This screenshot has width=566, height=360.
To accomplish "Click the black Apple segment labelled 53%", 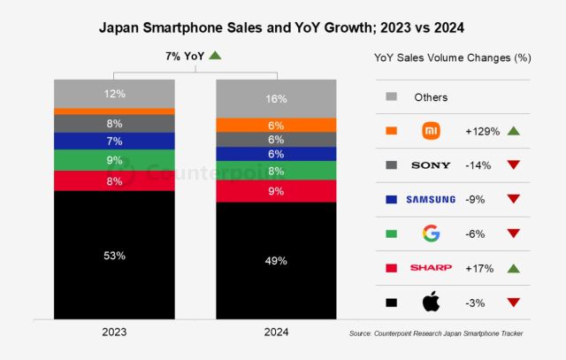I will [x=114, y=255].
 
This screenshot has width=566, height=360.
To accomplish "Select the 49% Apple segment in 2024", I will [x=276, y=260].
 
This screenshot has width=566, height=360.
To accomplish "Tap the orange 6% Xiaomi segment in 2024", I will [x=276, y=125].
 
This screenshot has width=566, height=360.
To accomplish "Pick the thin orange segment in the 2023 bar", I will [x=114, y=111].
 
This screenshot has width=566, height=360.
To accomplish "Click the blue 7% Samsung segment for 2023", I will [x=114, y=141].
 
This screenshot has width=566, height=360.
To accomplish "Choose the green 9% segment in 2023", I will [x=114, y=160].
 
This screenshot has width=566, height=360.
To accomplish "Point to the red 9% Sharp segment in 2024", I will [x=276, y=190].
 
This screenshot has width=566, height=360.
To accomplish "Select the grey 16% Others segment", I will [x=276, y=98].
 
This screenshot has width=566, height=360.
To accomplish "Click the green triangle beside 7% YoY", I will [x=216, y=56].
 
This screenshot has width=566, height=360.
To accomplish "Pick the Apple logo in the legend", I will [x=431, y=303].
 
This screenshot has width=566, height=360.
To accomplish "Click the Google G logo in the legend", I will [x=431, y=234].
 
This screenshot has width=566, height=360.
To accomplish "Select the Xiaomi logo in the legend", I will [x=431, y=131].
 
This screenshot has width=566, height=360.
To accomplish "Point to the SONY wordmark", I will [x=431, y=165].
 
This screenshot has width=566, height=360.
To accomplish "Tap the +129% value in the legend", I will [x=483, y=131].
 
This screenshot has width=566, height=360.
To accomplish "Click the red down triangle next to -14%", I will [x=513, y=165].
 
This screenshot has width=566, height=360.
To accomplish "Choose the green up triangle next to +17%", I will [x=513, y=268].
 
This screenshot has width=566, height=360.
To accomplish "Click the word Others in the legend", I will [x=432, y=97].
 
